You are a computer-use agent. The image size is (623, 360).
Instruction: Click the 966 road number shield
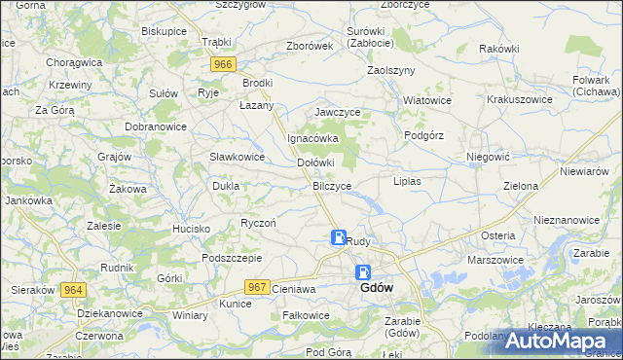click(224, 64)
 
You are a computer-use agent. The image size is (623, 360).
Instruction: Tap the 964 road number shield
click(72, 290)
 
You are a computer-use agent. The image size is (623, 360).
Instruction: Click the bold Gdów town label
click(377, 289)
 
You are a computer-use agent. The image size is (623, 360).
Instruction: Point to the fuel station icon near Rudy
click(338, 237)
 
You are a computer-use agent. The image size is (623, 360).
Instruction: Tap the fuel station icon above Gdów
click(363, 273)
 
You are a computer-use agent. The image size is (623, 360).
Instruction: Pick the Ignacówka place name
click(311, 138)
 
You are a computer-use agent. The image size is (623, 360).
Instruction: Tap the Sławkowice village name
click(238, 157)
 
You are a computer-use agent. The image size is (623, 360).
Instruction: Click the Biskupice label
click(164, 31)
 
